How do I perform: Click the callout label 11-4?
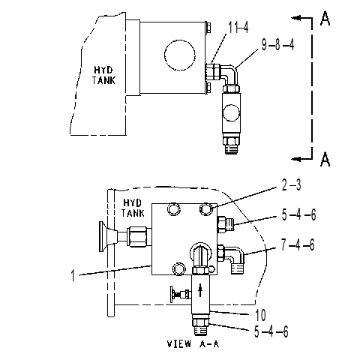tap(238, 27)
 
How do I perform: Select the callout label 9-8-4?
tap(277, 45)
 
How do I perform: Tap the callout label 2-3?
tap(291, 185)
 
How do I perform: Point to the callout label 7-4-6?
tap(298, 244)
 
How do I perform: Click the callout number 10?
tap(260, 315)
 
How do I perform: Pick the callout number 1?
tap(73, 275)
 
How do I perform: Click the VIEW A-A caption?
tap(193, 343)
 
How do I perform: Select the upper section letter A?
tap(325, 18)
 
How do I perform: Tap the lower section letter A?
tap(325, 159)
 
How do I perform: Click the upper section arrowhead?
tap(295, 18)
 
